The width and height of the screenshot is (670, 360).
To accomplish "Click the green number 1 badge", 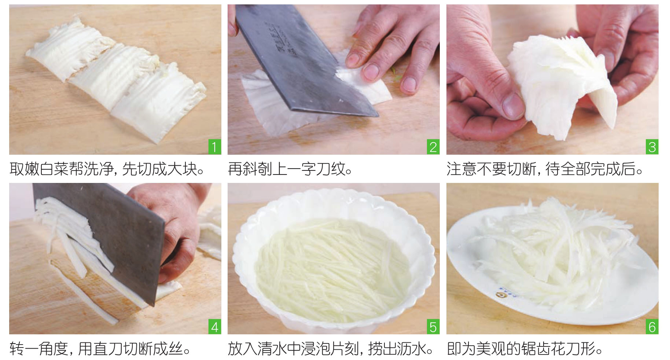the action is pyautogui.click(x=214, y=147).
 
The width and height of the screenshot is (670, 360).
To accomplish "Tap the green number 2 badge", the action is pyautogui.click(x=433, y=147).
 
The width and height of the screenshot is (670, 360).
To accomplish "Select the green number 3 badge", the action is pyautogui.click(x=652, y=147).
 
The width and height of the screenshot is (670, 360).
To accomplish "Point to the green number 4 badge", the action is pyautogui.click(x=214, y=327).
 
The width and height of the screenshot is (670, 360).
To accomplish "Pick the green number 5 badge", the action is pyautogui.click(x=433, y=327).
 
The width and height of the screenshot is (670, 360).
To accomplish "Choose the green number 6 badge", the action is pyautogui.click(x=652, y=327).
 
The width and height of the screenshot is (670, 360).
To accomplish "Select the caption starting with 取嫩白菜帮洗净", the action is pyautogui.click(x=107, y=169).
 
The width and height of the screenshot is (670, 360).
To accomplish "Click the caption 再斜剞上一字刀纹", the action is pyautogui.click(x=290, y=169).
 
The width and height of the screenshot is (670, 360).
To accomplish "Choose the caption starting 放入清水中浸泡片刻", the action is pyautogui.click(x=330, y=349).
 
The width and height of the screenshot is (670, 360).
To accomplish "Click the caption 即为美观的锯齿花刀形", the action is pyautogui.click(x=525, y=349).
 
